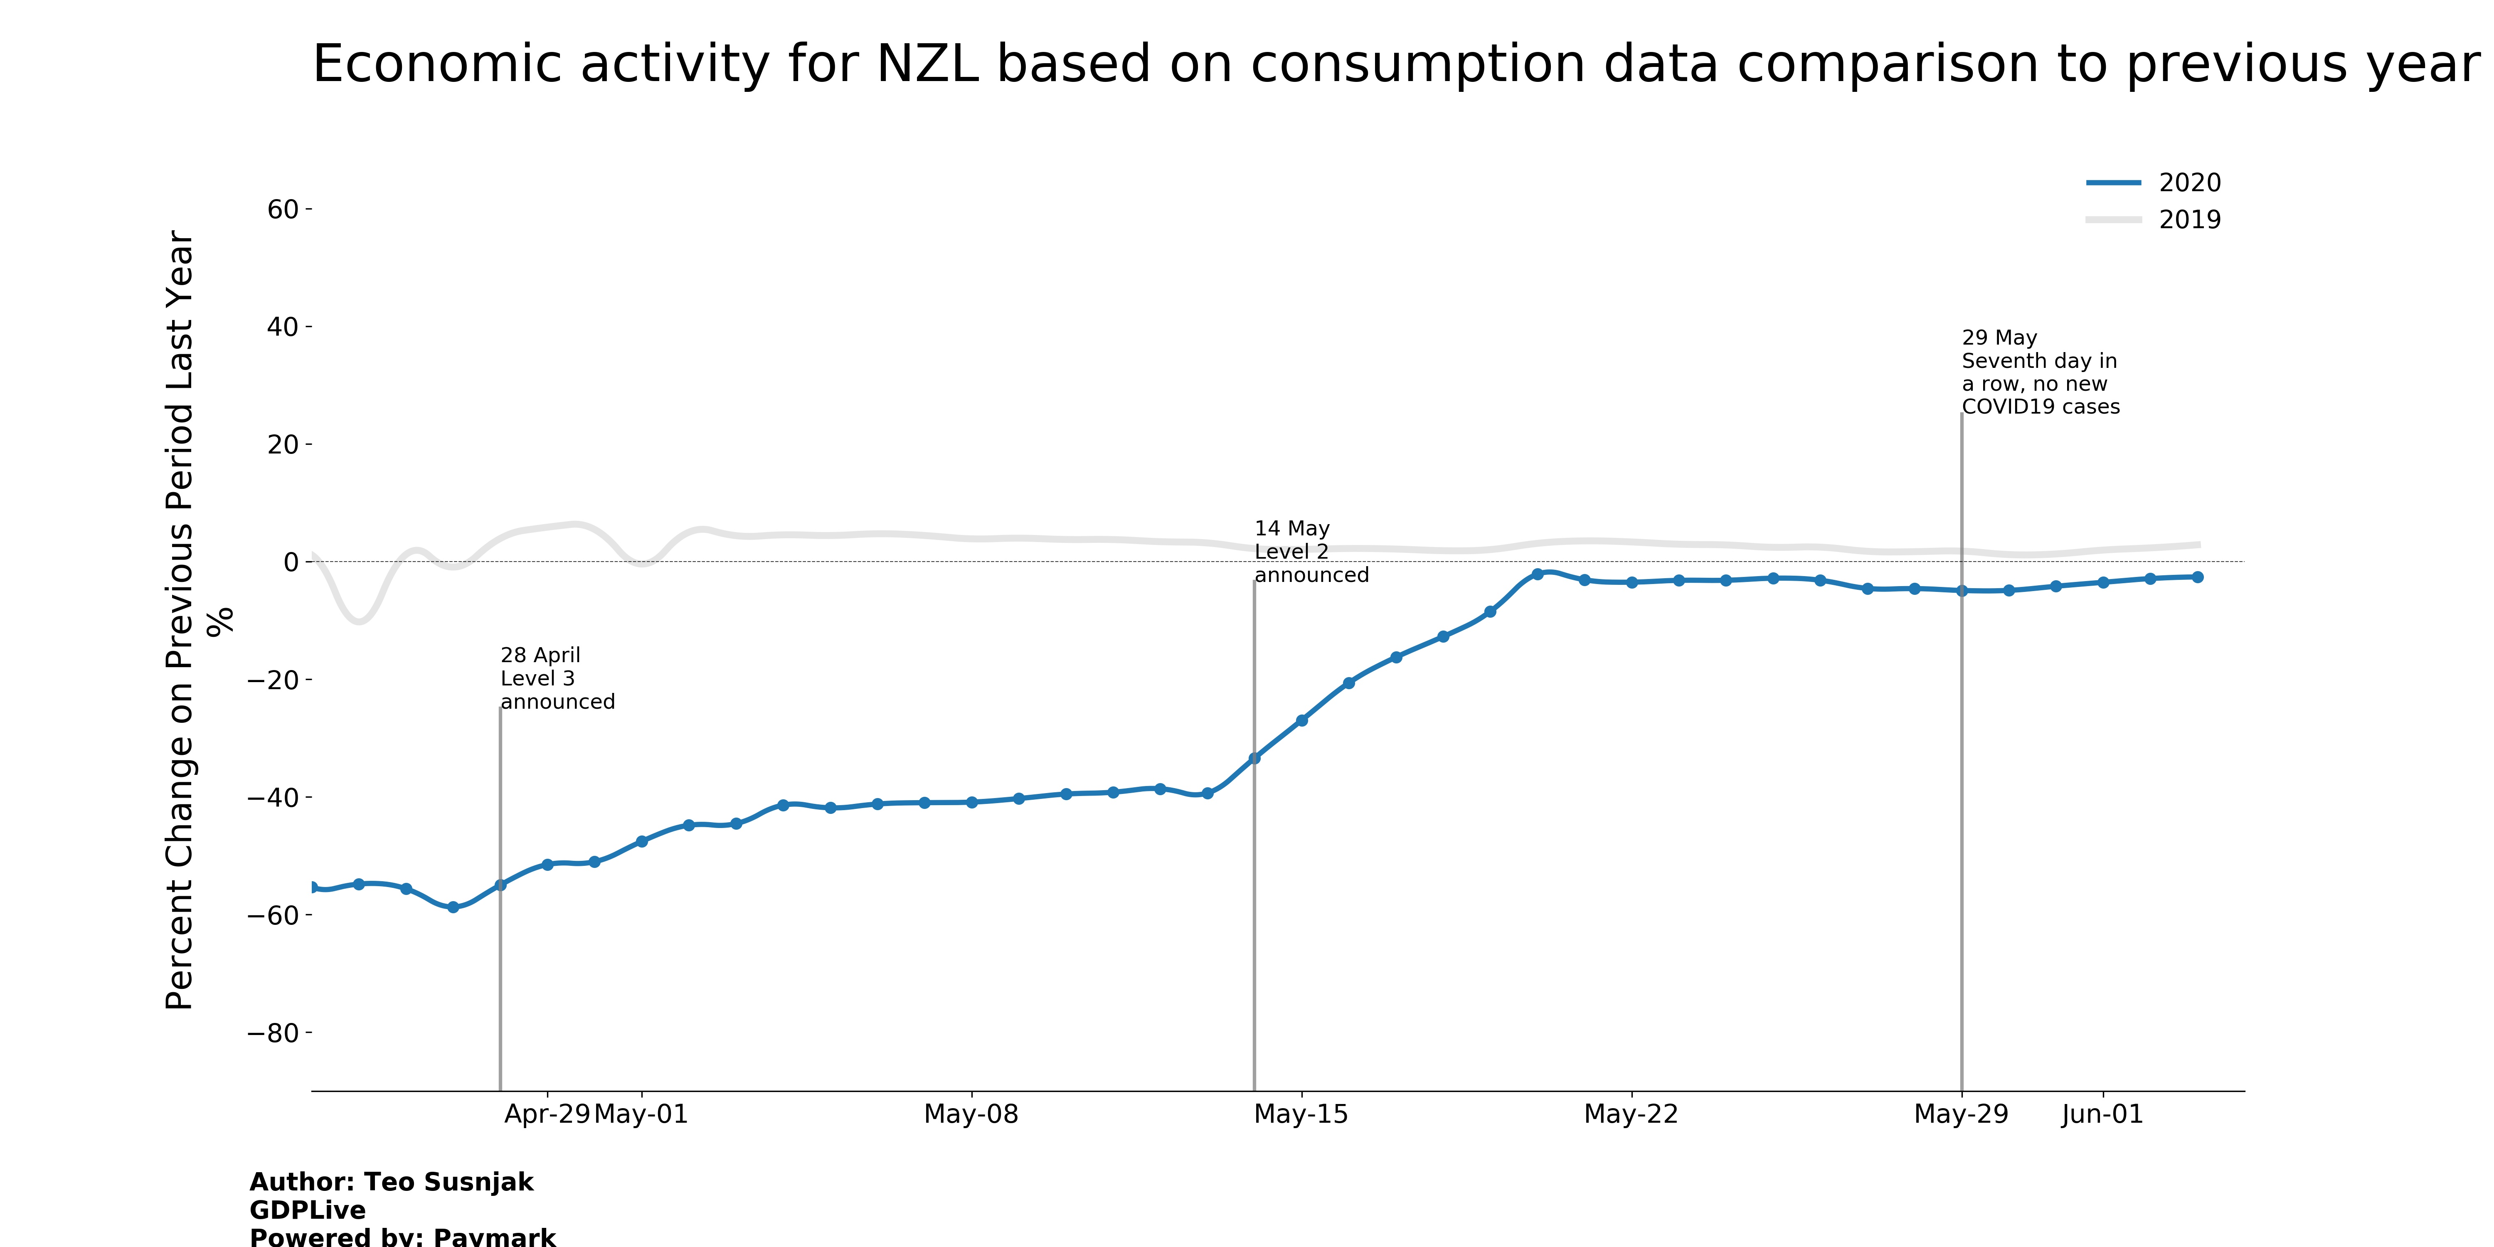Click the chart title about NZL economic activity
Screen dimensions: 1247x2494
(1394, 65)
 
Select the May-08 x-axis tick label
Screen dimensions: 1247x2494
(971, 1114)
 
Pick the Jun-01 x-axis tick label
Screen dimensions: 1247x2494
(2102, 1114)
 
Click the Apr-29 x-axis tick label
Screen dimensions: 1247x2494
(547, 1114)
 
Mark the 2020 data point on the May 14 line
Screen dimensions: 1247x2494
(1254, 758)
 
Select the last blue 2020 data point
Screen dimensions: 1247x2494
(2197, 577)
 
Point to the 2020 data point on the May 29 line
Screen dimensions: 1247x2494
(1962, 591)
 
